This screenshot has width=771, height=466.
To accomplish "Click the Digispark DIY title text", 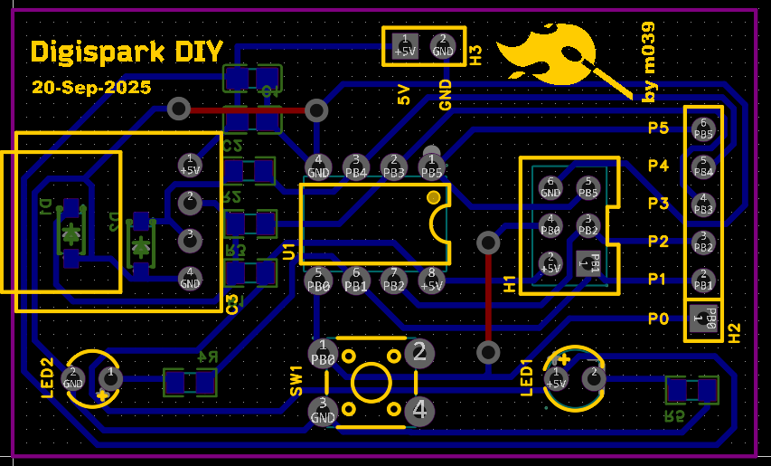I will pos(127,52).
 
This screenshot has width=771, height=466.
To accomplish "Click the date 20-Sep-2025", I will pos(90,88).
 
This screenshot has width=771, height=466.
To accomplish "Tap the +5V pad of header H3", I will pos(405,46).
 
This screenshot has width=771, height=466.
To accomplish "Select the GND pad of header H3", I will pos(442,46).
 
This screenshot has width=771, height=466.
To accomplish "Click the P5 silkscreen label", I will pos(658,128).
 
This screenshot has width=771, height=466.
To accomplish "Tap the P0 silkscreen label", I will pos(658,319).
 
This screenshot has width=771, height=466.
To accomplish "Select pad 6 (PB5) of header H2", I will pos(702,128).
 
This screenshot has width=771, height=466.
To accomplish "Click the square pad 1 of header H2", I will pos(702,318).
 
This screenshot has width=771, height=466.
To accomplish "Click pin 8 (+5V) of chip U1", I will pos(432,280).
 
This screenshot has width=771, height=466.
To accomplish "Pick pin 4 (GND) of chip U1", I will pos(318,166).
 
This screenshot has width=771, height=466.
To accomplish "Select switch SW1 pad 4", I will pos(419,412).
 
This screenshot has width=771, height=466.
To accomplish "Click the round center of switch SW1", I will pos(371,382).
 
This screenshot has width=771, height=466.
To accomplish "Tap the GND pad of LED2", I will pos(73,378).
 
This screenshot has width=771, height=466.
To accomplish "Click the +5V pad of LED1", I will pos(555,377).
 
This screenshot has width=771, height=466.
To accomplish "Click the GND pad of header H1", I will pos(550,187).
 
